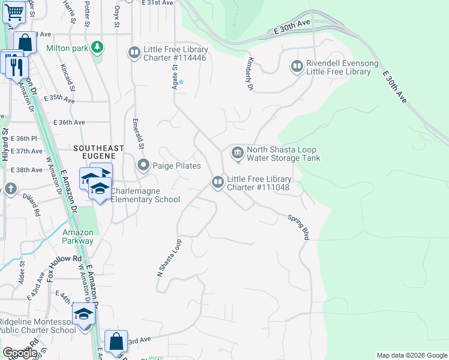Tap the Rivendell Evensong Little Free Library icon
coord(297,66)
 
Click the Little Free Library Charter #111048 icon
coord(217,181)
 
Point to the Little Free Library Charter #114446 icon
coord(134,53)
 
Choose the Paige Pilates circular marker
coord(143,164)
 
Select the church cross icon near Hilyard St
coord(10,189)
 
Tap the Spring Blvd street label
coord(298,227)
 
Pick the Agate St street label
coord(175,76)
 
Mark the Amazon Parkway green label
coord(78,236)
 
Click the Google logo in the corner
coord(20,353)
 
